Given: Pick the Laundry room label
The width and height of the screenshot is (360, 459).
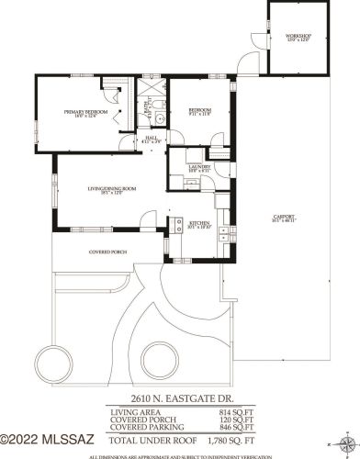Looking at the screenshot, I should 186,168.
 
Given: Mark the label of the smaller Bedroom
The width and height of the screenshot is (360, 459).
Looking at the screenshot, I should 200,111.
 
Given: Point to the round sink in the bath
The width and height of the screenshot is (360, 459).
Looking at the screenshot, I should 159,118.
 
